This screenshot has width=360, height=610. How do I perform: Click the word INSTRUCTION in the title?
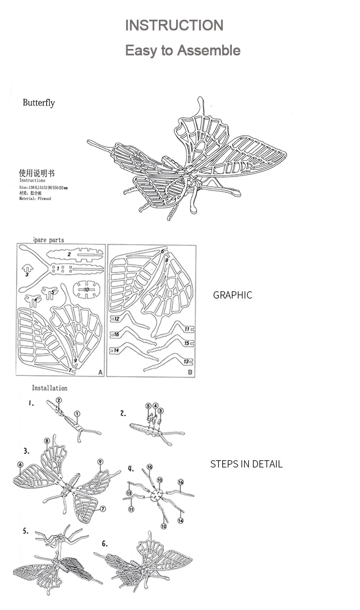[x=174, y=25]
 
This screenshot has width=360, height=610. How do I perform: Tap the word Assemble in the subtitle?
[x=215, y=50]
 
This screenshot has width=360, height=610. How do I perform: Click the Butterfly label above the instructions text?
[x=39, y=103]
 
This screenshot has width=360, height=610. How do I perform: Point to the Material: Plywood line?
[x=35, y=198]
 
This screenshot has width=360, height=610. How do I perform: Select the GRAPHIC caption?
[x=232, y=295]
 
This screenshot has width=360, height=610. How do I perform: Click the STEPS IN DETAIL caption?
[x=246, y=464]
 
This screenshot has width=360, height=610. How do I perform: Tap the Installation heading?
[x=49, y=388]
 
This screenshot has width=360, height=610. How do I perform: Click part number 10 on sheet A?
[x=86, y=289]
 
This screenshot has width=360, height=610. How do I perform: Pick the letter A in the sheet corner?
[x=100, y=372]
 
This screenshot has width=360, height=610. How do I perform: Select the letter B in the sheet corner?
[x=190, y=372]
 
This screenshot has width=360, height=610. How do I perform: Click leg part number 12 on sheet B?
[x=117, y=318]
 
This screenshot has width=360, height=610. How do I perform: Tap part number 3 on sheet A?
[x=27, y=275]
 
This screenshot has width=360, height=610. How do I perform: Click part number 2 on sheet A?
[x=69, y=254]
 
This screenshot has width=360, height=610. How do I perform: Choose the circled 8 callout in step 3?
[x=47, y=441]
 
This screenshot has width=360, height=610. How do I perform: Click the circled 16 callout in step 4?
[x=180, y=482]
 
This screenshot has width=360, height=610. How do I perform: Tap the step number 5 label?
[x=25, y=531]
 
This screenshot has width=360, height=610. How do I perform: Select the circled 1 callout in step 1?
[x=77, y=414]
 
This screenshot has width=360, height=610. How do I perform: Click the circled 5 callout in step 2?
[x=148, y=406]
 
